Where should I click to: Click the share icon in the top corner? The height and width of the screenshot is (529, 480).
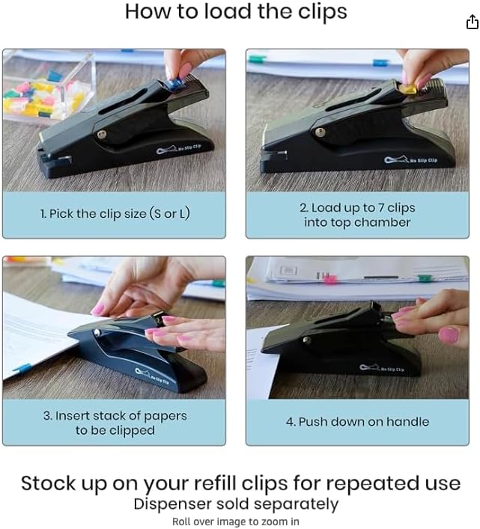tap(472, 22)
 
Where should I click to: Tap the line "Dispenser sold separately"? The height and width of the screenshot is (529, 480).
tap(236, 504)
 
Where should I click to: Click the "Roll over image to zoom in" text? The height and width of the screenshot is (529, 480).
tap(236, 522)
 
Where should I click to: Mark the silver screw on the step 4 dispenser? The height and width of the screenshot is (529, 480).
tap(306, 342)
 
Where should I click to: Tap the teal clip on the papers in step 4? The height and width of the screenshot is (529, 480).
tap(424, 278)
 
